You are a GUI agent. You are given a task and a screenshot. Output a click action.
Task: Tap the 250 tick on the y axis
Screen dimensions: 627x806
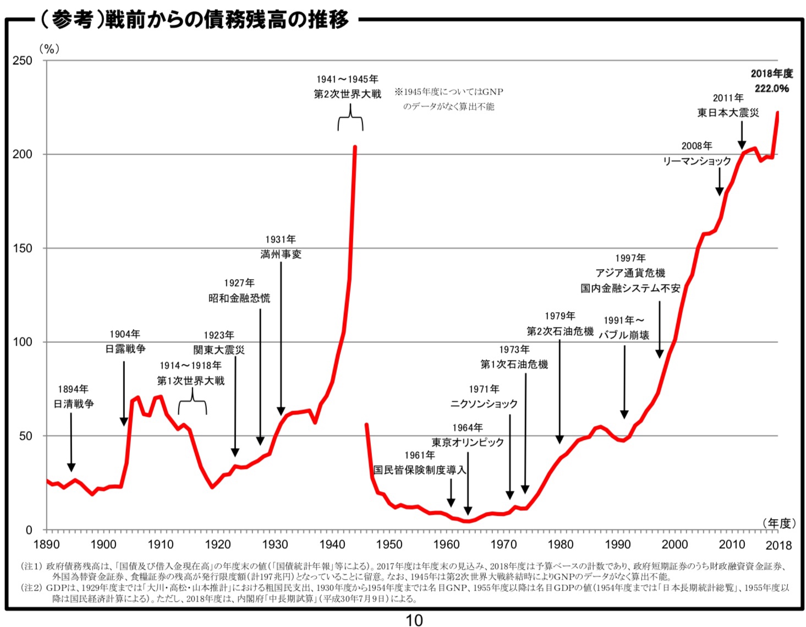click(x=23, y=61)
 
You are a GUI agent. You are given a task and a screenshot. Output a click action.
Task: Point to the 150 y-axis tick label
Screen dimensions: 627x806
click(x=23, y=248)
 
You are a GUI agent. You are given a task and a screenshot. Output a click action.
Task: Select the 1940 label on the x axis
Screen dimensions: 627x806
click(x=332, y=544)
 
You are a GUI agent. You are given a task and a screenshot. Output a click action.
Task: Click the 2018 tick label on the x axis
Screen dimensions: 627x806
click(x=778, y=545)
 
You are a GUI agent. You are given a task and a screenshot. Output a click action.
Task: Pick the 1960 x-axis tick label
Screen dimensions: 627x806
click(x=446, y=544)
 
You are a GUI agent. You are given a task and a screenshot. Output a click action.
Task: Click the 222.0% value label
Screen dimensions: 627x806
click(x=771, y=89)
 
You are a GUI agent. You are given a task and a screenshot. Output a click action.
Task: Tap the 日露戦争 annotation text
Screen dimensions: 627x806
click(x=125, y=349)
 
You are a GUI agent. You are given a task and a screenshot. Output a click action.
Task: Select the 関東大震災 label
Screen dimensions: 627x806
click(x=219, y=350)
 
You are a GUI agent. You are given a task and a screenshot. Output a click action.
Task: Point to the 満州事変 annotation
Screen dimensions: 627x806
click(x=281, y=254)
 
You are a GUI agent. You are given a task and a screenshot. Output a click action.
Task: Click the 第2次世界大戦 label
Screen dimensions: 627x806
click(x=347, y=94)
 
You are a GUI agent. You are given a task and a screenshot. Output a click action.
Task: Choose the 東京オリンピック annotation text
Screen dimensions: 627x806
click(x=468, y=443)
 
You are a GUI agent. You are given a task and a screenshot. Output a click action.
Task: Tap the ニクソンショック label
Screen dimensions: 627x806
click(x=484, y=404)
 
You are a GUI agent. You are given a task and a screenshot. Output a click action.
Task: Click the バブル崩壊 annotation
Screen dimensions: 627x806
click(x=624, y=335)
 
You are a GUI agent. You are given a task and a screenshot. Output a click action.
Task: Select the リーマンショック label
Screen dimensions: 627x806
click(x=697, y=161)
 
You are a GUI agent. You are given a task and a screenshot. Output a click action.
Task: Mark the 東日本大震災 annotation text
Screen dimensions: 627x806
click(x=728, y=113)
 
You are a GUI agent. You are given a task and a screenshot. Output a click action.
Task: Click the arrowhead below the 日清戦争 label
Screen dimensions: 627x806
click(x=71, y=467)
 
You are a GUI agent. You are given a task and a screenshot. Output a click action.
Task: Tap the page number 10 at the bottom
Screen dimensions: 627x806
click(x=414, y=620)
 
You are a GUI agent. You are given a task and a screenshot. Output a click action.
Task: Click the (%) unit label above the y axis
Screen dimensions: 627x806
click(x=49, y=49)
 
